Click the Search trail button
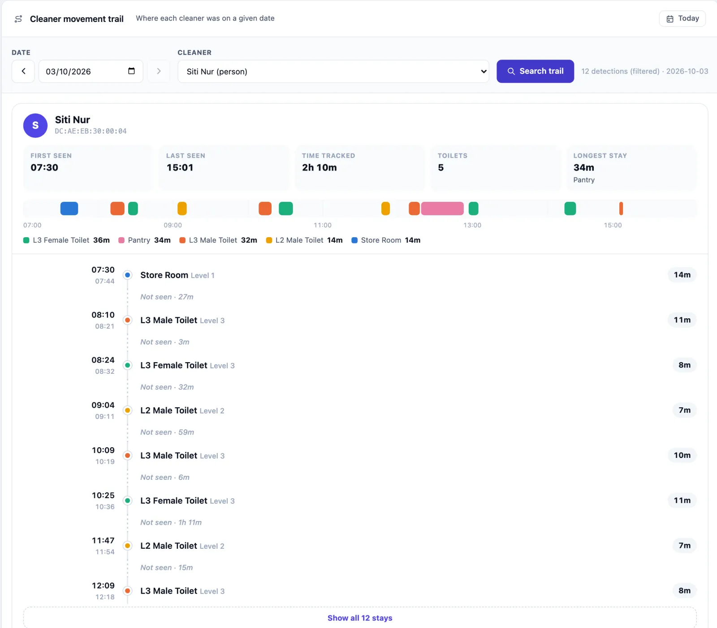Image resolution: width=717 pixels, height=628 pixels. [535, 71]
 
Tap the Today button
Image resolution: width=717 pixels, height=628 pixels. [682, 18]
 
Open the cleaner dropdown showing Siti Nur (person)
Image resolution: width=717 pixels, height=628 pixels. [333, 72]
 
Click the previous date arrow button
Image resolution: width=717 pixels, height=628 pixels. [23, 71]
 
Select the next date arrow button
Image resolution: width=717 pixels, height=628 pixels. [159, 71]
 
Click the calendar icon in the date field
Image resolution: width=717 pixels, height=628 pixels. [131, 71]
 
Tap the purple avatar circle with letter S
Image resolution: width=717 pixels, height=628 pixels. [35, 125]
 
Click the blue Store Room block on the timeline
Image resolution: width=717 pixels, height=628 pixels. [69, 209]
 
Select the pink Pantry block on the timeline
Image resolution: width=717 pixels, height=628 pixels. [442, 209]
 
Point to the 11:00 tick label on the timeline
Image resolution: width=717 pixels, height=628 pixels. [323, 225]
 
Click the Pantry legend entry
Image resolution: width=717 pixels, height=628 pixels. [144, 240]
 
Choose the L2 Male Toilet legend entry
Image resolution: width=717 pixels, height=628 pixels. [304, 240]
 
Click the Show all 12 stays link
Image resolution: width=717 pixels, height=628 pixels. [360, 618]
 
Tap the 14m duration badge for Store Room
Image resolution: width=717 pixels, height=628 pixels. [682, 275]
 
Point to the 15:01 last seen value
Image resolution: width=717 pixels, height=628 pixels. [180, 167]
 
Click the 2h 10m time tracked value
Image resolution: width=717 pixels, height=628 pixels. [319, 167]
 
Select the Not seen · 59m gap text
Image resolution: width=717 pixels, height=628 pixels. [167, 432]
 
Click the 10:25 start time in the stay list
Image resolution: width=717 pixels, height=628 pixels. [103, 495]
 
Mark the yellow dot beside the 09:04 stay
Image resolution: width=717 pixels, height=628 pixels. [128, 410]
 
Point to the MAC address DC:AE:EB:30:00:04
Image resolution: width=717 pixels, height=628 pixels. [91, 131]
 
